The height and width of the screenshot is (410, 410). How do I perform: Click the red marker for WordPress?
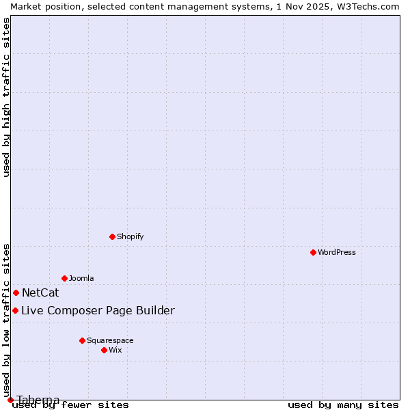[x=313, y=252]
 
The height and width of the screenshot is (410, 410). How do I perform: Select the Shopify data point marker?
[x=112, y=236]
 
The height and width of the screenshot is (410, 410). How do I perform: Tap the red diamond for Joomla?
[x=64, y=278]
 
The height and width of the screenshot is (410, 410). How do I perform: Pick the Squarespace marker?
[x=82, y=340]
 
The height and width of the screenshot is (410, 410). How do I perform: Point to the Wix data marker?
[x=104, y=350]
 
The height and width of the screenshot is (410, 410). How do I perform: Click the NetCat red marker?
[x=16, y=292]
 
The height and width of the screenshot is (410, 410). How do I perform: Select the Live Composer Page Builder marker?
[x=15, y=310]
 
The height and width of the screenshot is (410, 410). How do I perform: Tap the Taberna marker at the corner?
[x=10, y=400]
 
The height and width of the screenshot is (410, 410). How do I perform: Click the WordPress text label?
[x=337, y=252]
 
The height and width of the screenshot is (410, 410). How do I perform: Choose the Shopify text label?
[x=130, y=236]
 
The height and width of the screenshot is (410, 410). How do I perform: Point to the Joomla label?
[x=81, y=278]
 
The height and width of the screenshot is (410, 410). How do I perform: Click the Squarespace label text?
[x=110, y=340]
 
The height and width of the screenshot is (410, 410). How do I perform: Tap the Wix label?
[x=115, y=350]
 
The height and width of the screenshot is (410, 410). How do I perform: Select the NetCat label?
[x=40, y=293]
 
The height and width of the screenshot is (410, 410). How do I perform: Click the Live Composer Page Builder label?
[x=98, y=311]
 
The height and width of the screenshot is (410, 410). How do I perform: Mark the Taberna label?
[x=38, y=400]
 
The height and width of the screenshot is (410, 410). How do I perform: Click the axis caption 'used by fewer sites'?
[x=71, y=405]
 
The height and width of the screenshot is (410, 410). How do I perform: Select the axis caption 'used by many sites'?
[x=343, y=405]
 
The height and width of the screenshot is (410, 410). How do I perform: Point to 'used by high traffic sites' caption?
[x=6, y=97]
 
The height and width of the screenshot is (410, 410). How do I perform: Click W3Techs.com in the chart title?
[x=366, y=6]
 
